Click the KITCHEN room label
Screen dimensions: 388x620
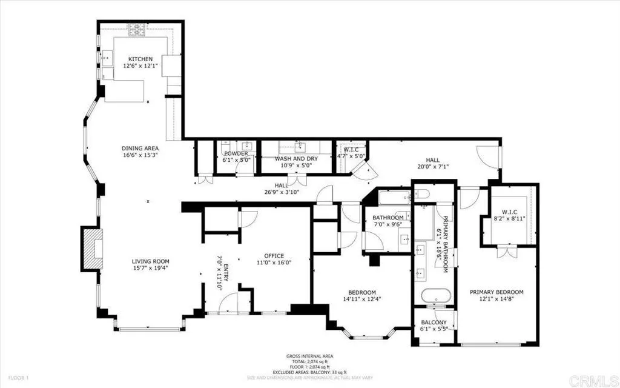(136, 59)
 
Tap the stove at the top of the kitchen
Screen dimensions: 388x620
(136, 28)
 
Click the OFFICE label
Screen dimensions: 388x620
(274, 256)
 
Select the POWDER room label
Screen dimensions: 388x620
(236, 154)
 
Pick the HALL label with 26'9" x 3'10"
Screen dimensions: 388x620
(281, 186)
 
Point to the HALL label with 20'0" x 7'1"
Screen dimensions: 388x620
(432, 161)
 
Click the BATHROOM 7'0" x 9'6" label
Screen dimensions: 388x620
(387, 218)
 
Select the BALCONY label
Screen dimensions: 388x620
(434, 323)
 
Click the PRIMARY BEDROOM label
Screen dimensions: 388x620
(496, 292)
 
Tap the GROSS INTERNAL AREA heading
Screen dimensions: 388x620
(309, 356)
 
